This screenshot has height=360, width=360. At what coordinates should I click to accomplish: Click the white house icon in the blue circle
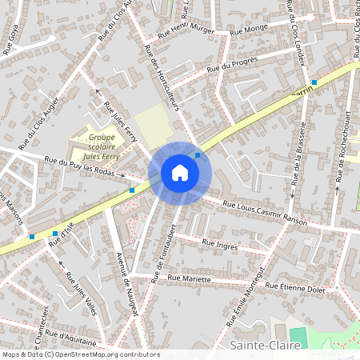(x=180, y=172)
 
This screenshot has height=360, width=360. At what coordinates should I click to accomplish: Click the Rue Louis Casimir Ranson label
(x=265, y=214)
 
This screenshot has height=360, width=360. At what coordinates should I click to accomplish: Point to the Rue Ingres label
(x=220, y=244)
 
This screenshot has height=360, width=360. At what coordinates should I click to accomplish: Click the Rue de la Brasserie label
(x=299, y=156)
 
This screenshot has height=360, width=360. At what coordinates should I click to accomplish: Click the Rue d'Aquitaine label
(x=71, y=337)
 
